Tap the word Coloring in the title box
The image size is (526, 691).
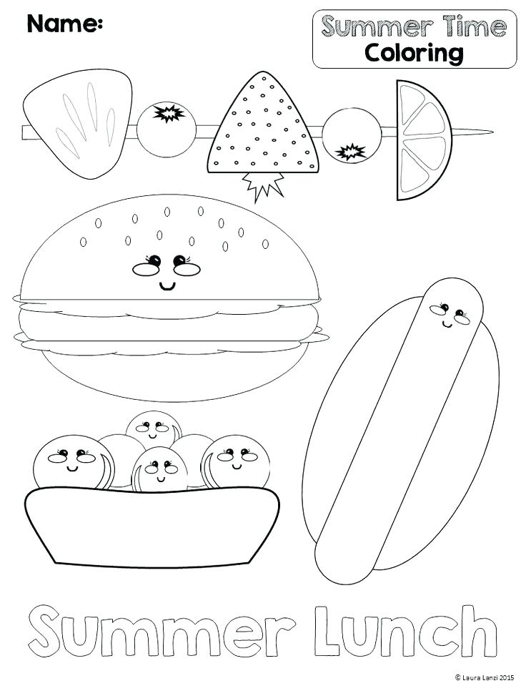point(413,52)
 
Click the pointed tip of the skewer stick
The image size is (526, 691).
point(487,132)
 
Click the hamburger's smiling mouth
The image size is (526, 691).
point(167,287)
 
